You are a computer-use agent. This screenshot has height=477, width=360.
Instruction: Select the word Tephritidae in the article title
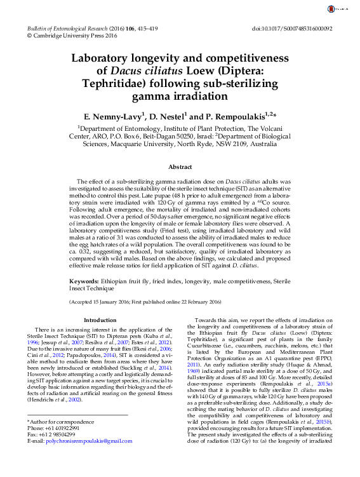tap(119, 84)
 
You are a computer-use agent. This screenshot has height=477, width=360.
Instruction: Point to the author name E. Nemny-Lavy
tap(115, 118)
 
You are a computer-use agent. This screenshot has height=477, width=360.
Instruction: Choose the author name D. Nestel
tap(168, 118)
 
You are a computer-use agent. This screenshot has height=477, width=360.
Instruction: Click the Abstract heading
tap(180, 167)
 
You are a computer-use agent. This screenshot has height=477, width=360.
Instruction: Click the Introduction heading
tap(100, 321)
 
